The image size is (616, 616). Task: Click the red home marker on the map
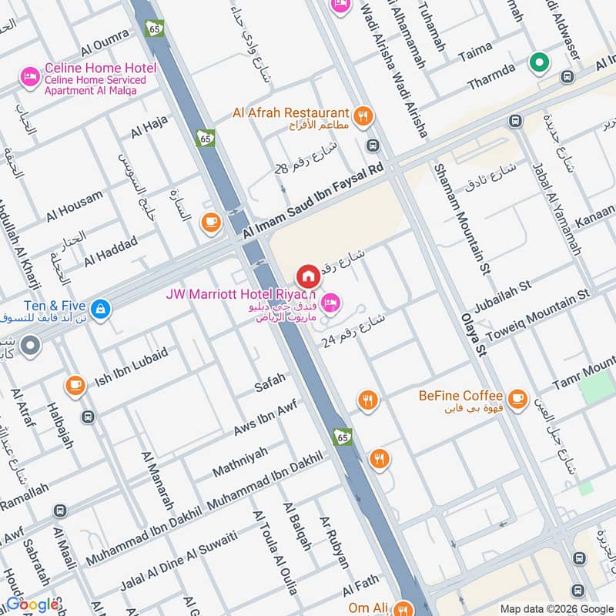[x=308, y=275]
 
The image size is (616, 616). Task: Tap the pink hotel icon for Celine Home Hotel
[x=30, y=75]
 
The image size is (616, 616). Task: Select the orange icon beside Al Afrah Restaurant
[x=365, y=115]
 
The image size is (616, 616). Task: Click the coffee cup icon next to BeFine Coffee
[x=517, y=398]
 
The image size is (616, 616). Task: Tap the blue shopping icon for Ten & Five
[x=100, y=310]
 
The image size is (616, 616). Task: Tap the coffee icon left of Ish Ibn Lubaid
[x=75, y=385]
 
